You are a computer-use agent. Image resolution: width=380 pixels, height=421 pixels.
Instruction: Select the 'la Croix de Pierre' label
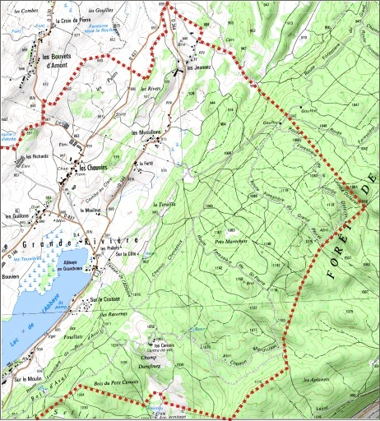point(78,21)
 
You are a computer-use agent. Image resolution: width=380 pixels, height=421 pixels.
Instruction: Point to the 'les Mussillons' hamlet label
point(146,132)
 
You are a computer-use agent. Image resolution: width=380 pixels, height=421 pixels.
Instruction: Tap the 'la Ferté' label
point(147,163)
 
